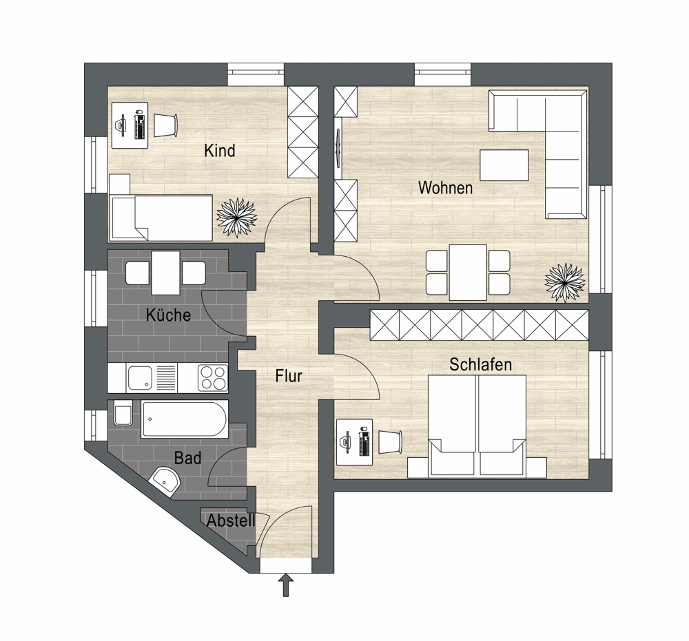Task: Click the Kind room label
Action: point(220,151)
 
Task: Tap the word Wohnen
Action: point(446,188)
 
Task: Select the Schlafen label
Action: point(481,364)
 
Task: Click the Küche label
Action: point(168,315)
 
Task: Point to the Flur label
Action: point(289,376)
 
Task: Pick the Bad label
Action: point(187,458)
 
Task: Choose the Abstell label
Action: point(231,521)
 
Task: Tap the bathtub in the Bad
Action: point(184,419)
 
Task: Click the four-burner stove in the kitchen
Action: point(213,378)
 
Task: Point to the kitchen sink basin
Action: point(140,378)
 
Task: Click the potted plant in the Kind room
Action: point(237,218)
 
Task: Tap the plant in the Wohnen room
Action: point(565,283)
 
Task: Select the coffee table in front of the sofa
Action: point(504,165)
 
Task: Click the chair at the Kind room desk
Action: point(165,125)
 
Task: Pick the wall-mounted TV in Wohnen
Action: point(338,147)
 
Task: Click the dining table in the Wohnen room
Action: point(468,272)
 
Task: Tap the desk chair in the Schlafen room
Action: point(391,441)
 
